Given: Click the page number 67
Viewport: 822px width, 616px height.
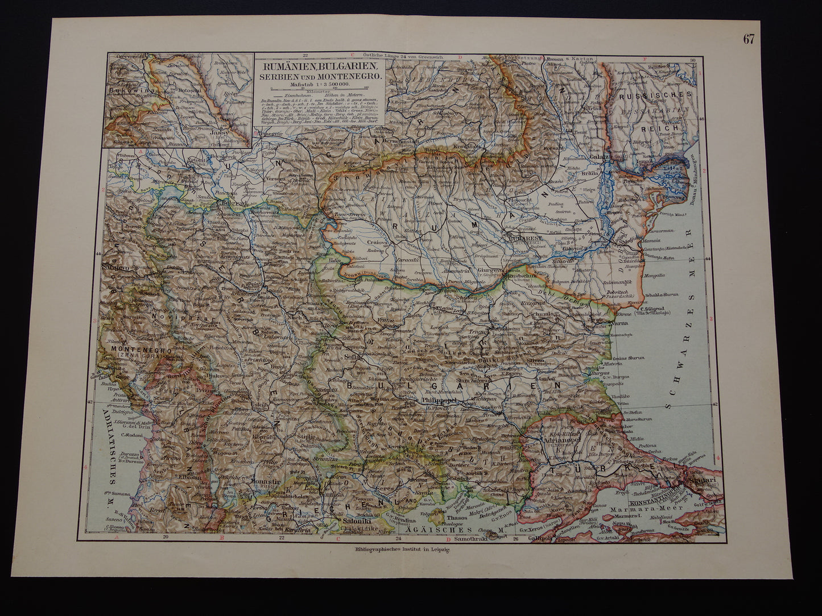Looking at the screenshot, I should pyautogui.click(x=748, y=39).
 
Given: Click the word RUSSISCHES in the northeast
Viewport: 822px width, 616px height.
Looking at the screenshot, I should pyautogui.click(x=664, y=95).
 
